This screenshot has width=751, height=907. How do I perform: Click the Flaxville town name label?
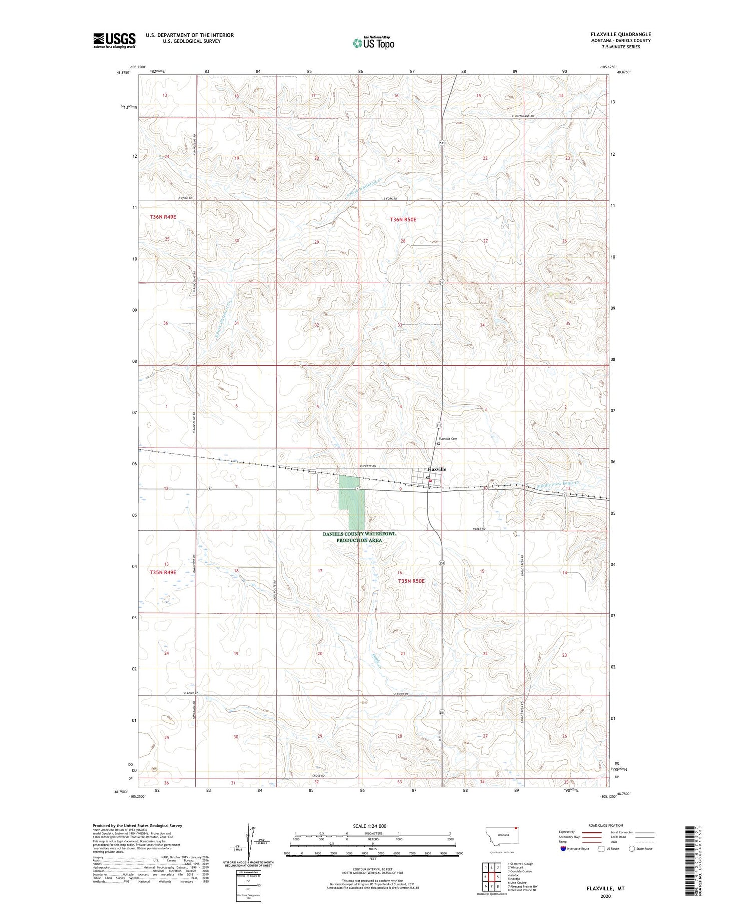436,469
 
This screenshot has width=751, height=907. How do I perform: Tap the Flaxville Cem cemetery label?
448,439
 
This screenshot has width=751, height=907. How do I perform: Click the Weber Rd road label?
479,528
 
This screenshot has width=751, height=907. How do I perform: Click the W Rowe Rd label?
191,693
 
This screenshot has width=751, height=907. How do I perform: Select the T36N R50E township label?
403,219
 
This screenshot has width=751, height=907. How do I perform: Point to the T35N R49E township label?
163,572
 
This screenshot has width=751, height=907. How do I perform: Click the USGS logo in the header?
114,40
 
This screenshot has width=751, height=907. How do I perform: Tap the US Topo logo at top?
373,43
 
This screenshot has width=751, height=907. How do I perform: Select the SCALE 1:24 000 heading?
369,826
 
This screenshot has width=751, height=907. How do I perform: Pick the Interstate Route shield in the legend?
563,849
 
